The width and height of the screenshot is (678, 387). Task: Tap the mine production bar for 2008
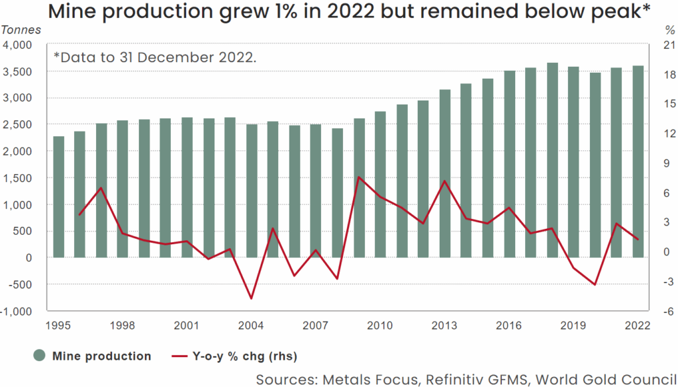338,193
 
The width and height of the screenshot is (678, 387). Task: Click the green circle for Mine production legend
39,356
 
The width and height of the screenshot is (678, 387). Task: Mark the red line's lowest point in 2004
252,298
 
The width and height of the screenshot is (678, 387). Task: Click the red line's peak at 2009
358,177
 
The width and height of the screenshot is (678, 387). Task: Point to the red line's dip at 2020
595,284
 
